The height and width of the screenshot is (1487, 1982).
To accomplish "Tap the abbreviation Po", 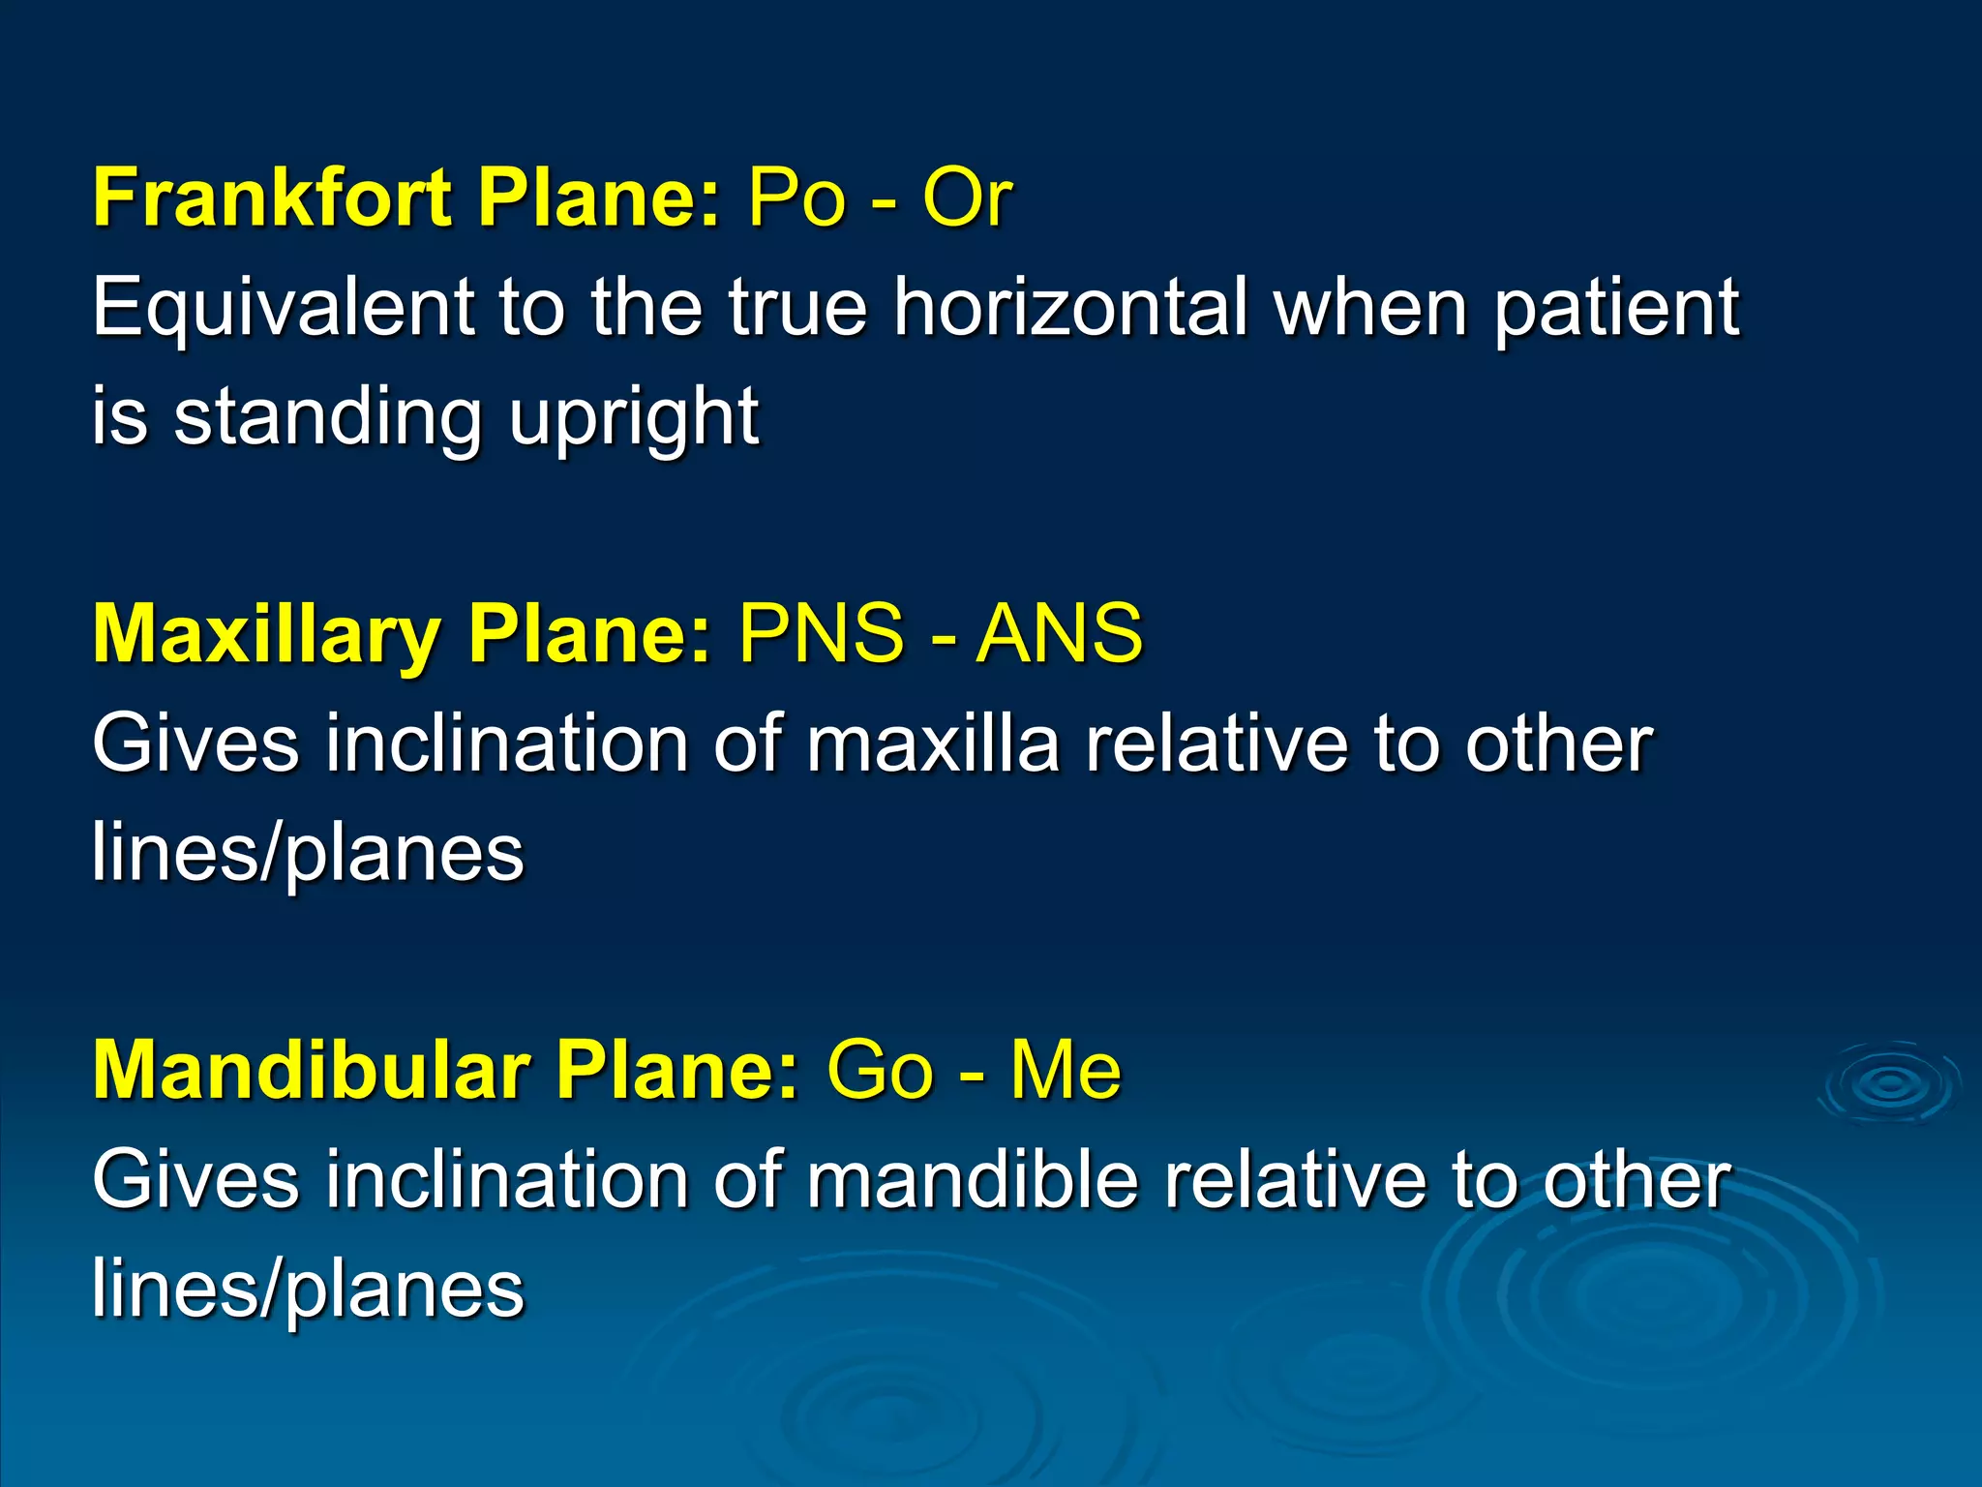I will pyautogui.click(x=796, y=197).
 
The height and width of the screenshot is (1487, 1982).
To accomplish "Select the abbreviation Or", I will pyautogui.click(x=966, y=197).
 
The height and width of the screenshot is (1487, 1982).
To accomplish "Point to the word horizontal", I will pyautogui.click(x=1069, y=308).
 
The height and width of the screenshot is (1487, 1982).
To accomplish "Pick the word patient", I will pyautogui.click(x=1615, y=308).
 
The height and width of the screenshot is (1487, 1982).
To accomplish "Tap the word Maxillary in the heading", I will pyautogui.click(x=266, y=634).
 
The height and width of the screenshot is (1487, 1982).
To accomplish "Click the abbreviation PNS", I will pyautogui.click(x=821, y=634).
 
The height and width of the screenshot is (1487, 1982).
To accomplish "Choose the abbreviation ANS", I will pyautogui.click(x=1059, y=634).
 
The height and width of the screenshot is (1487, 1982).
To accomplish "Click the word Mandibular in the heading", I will pyautogui.click(x=311, y=1071).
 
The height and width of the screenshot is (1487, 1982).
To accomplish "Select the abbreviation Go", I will pyautogui.click(x=880, y=1071).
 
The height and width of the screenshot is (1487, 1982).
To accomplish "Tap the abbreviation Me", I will pyautogui.click(x=1066, y=1071).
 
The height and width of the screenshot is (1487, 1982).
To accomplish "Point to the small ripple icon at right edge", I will pyautogui.click(x=1889, y=1084).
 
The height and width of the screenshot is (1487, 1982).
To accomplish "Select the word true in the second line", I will pyautogui.click(x=797, y=308).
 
